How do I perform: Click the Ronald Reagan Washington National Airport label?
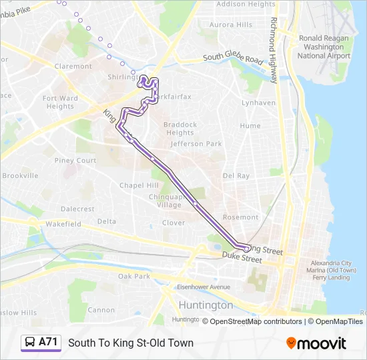[324, 47]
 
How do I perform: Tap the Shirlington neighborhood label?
[121, 77]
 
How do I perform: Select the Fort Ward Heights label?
[60, 102]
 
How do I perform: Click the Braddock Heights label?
[180, 129]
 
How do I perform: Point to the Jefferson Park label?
[196, 143]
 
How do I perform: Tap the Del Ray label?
[236, 176]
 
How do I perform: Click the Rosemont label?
[240, 217]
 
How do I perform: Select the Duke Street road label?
[242, 257]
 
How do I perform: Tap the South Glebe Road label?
[233, 59]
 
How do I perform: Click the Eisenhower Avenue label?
[203, 287]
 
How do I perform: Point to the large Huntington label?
[206, 305]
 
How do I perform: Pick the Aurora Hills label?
[231, 25]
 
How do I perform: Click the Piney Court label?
[75, 161]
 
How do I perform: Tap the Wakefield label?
[63, 225]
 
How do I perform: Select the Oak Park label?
[133, 276]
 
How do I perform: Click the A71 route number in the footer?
[48, 343]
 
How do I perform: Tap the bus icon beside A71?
[31, 343]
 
